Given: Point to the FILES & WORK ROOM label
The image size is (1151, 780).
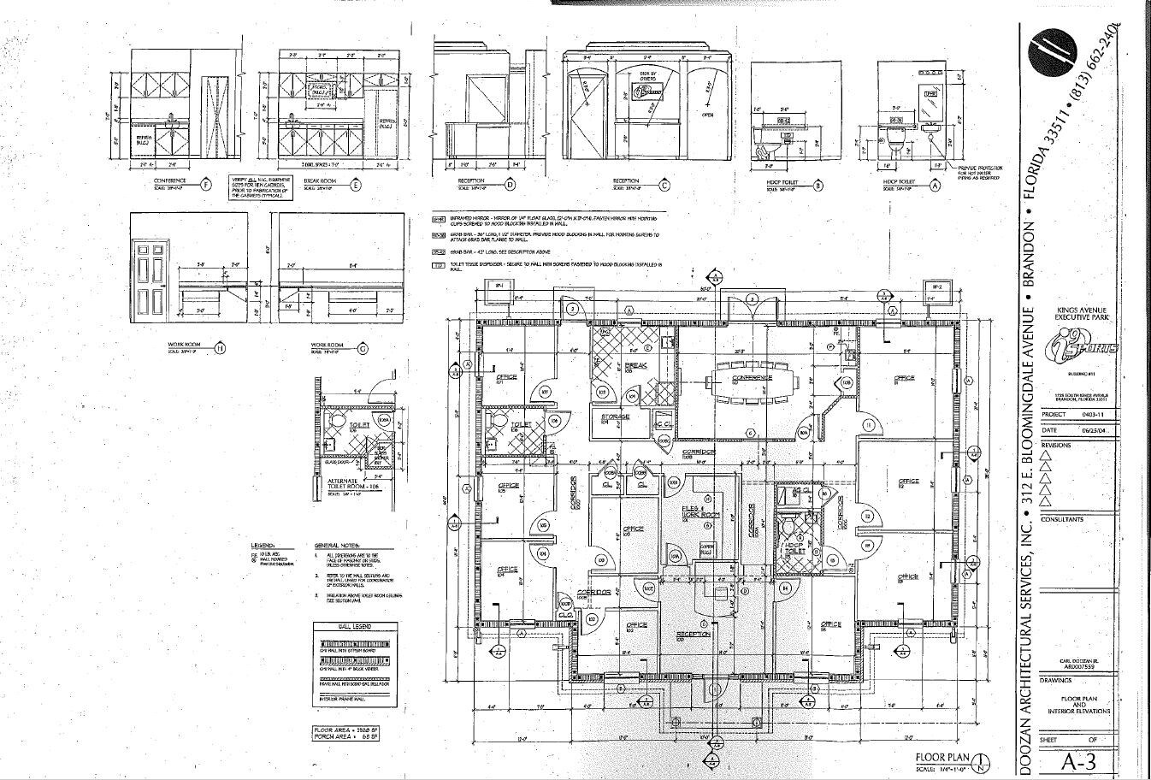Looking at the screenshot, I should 699,512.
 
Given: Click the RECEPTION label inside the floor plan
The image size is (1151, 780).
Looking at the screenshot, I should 693,635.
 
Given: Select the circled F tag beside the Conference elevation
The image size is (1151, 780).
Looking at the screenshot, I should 204,183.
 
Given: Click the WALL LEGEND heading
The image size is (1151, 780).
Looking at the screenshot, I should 353,626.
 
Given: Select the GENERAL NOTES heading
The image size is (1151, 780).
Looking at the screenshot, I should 337,545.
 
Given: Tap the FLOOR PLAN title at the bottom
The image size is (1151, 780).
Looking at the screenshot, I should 941,757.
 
